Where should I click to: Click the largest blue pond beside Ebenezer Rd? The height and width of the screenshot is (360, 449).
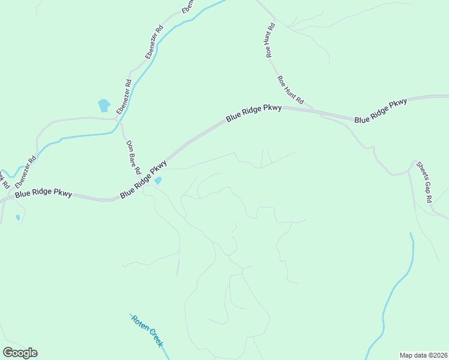coord(104,106)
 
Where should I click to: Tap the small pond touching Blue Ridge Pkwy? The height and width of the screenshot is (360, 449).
coord(158,180)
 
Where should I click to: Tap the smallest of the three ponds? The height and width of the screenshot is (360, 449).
coord(18,217)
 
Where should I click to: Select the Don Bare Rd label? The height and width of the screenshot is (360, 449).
coord(133,158)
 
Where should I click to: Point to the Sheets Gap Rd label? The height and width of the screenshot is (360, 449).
coord(424,182)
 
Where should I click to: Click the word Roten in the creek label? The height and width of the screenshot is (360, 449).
coord(139,325)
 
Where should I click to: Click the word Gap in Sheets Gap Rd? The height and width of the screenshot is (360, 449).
coord(424,182)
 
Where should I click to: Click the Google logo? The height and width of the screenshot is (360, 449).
coord(20,353)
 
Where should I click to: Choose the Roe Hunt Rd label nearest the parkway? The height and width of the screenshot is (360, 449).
coord(291,90)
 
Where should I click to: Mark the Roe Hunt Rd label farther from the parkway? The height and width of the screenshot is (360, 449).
coord(270,40)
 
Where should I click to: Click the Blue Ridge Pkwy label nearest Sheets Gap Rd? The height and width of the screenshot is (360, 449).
coord(381,111)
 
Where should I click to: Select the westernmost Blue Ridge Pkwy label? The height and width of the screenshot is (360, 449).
coord(43,194)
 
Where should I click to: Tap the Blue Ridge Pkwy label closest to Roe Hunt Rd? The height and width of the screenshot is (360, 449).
coord(253,113)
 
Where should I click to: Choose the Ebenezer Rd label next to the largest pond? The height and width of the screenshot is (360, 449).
coord(124,97)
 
